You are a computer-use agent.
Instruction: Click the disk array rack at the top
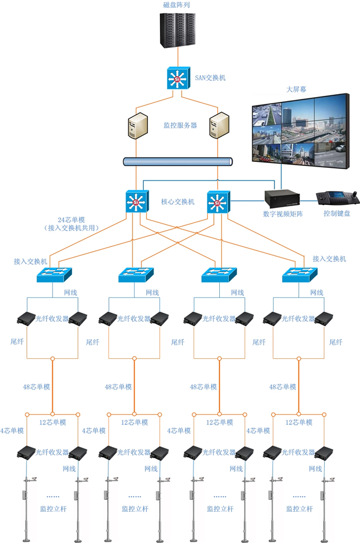[x=179, y=29]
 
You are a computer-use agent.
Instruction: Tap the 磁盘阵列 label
[x=178, y=5]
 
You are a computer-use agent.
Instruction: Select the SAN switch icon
[x=177, y=79]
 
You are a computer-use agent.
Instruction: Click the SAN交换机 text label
[x=211, y=78]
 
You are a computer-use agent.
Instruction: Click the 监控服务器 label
[x=180, y=125]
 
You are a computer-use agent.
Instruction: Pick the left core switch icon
[x=136, y=203]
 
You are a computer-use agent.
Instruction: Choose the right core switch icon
[x=217, y=203]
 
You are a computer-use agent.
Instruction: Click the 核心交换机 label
[x=178, y=202]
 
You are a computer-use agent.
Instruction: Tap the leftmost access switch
[x=55, y=274]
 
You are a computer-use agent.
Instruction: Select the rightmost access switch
[x=301, y=274]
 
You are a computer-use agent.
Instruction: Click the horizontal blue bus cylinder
[x=178, y=162]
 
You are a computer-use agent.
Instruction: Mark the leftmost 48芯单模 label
[x=34, y=387]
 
